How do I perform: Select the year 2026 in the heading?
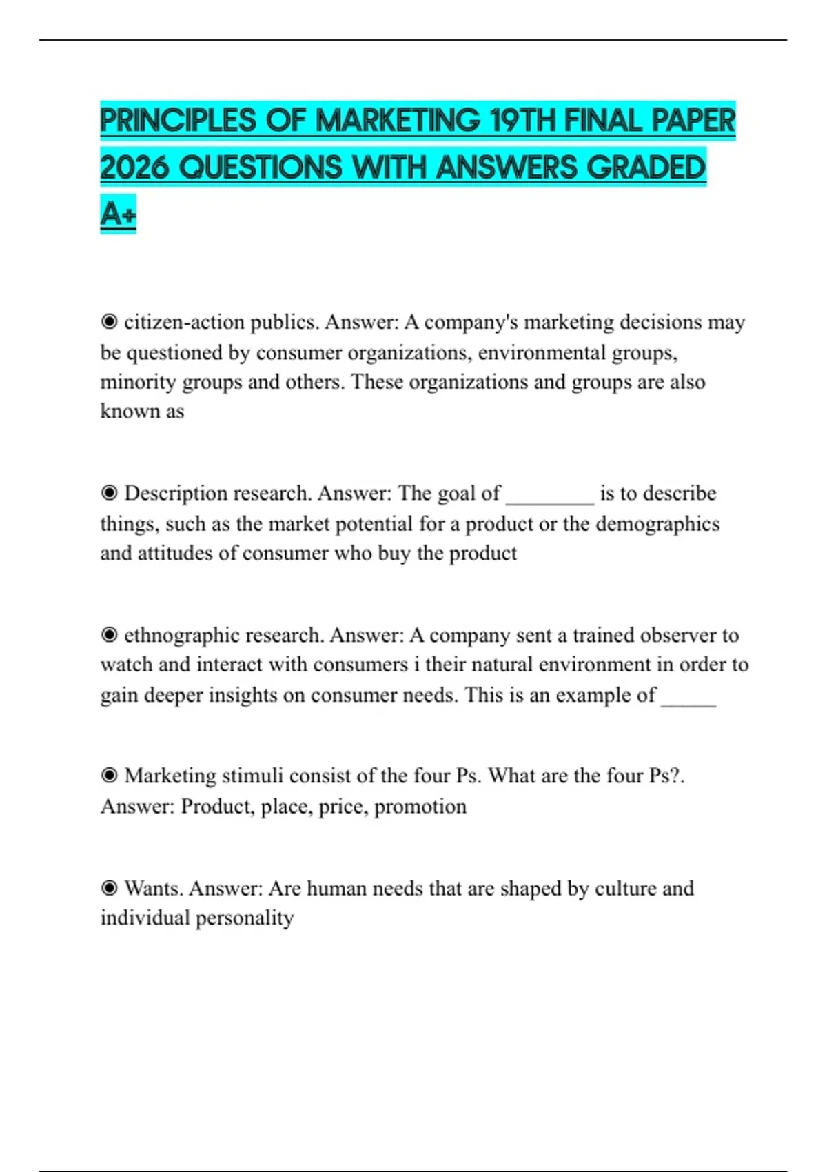[135, 168]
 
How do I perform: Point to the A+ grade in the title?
[118, 214]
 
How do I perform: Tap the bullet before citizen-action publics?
[109, 322]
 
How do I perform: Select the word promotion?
[420, 806]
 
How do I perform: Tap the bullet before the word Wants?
[109, 888]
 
